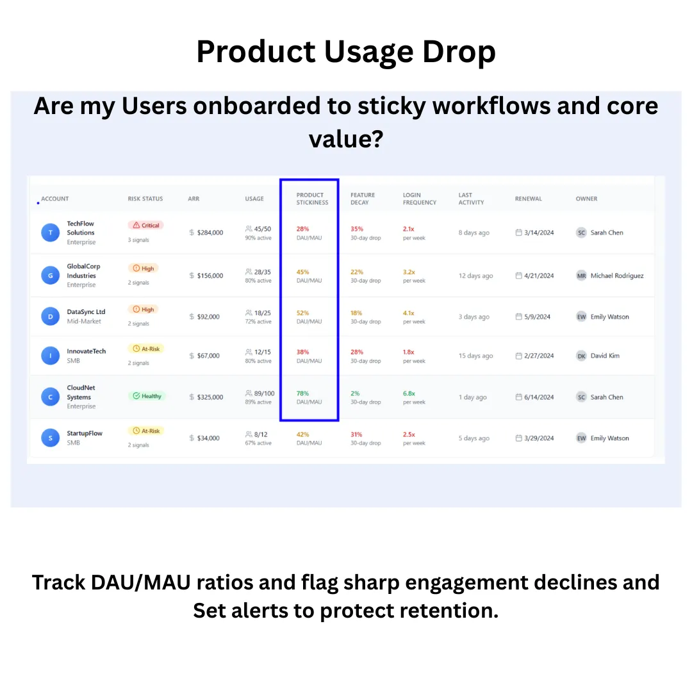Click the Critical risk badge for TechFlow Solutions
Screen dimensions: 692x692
tap(146, 226)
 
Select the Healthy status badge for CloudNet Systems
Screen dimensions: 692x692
tap(148, 396)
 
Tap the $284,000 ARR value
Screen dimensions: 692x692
tap(210, 233)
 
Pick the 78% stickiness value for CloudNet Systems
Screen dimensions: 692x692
tap(302, 393)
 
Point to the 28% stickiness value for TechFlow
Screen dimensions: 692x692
tap(302, 229)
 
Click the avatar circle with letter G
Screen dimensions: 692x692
tap(51, 276)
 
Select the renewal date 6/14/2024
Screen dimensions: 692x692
tap(539, 397)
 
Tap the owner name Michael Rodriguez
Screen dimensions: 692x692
tap(617, 276)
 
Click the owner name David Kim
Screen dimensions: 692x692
tap(605, 356)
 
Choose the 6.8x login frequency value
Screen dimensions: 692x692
tap(409, 393)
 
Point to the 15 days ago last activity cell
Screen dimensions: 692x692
tap(475, 356)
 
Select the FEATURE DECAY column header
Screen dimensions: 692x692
tap(363, 199)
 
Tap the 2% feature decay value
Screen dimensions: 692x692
tap(355, 393)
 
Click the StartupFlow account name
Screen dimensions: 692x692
tap(85, 433)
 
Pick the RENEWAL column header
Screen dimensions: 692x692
tap(529, 199)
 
